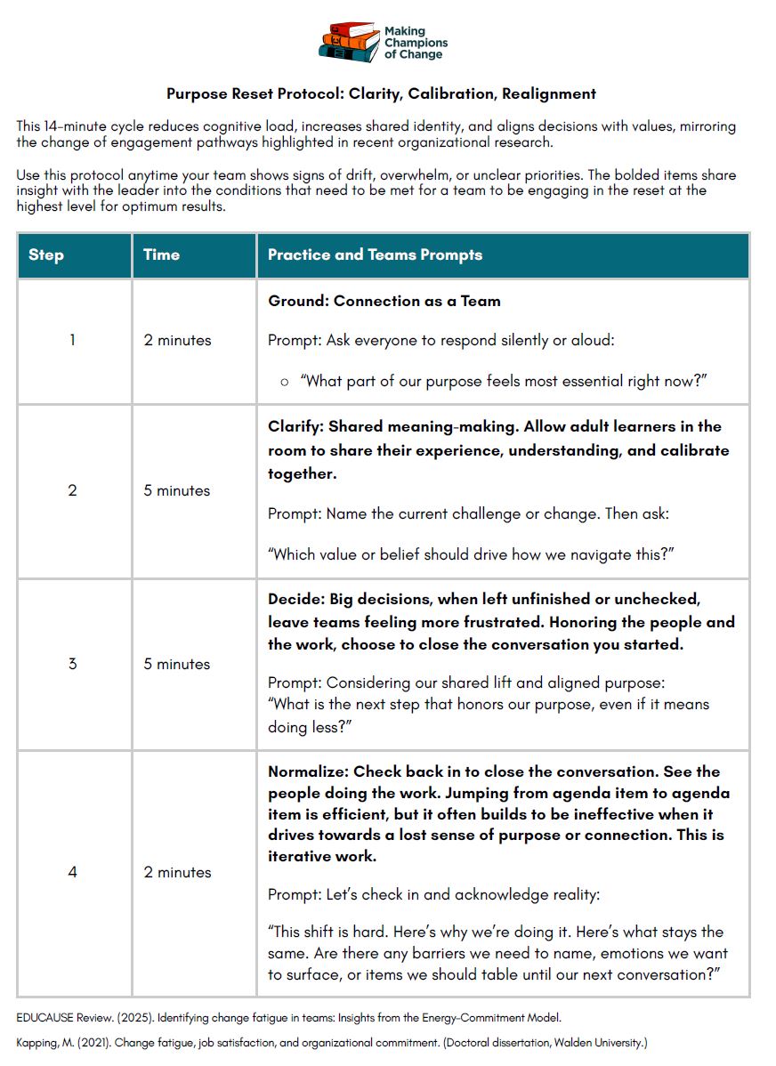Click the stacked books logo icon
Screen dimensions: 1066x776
tap(348, 42)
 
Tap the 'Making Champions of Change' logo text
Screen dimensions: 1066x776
tap(416, 43)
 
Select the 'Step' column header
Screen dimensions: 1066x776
tap(46, 254)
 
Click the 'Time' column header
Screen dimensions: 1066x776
tap(161, 254)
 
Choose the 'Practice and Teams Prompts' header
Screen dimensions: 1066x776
tap(375, 254)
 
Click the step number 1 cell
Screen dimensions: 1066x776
tap(73, 340)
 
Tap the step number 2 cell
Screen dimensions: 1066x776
tap(73, 490)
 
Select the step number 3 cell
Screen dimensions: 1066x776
tap(73, 664)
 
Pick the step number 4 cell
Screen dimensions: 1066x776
tap(73, 872)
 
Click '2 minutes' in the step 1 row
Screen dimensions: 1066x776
tap(177, 340)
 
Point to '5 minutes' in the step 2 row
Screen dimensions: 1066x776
tap(177, 490)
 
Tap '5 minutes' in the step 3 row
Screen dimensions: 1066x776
tap(177, 664)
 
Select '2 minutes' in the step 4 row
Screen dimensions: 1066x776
tap(177, 872)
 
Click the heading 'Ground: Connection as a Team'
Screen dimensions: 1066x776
tap(384, 301)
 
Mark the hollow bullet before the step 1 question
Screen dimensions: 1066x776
tap(285, 382)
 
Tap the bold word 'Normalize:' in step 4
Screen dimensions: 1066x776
tap(308, 771)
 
